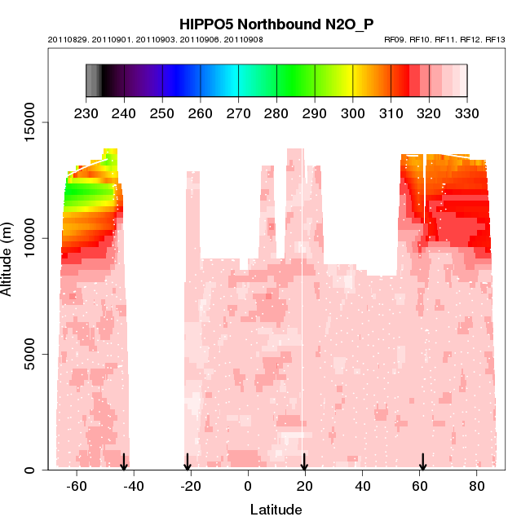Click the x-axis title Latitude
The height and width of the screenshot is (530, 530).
[276, 510]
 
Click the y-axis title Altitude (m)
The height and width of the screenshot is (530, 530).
[7, 258]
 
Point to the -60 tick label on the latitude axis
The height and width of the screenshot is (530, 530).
[77, 487]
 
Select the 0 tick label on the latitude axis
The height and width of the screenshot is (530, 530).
[248, 487]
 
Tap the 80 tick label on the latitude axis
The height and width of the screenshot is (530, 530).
[476, 487]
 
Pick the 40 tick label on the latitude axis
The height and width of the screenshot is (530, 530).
[362, 487]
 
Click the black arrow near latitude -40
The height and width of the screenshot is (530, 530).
[124, 462]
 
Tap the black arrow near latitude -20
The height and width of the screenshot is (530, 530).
[187, 462]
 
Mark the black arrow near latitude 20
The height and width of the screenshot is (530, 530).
[304, 462]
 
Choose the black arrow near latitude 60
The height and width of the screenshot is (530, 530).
[422, 462]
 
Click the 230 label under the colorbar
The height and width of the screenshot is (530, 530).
[86, 113]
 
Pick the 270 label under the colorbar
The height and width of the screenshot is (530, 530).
[238, 113]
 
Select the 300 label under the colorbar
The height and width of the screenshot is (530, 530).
[353, 113]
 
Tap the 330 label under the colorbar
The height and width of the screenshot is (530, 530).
[467, 113]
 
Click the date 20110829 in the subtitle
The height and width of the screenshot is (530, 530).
[68, 40]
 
